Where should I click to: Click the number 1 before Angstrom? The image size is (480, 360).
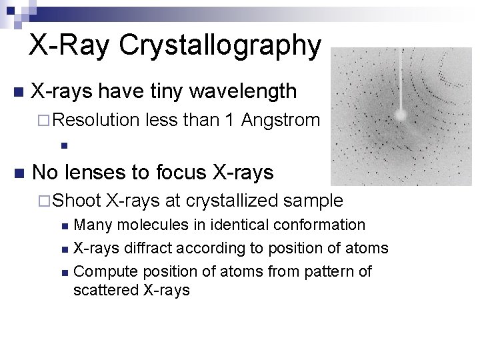pyautogui.click(x=229, y=121)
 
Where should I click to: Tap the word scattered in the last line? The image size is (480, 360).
pyautogui.click(x=103, y=290)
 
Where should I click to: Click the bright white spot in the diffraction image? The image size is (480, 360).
pyautogui.click(x=401, y=115)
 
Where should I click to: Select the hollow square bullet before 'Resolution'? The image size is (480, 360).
pyautogui.click(x=45, y=121)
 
